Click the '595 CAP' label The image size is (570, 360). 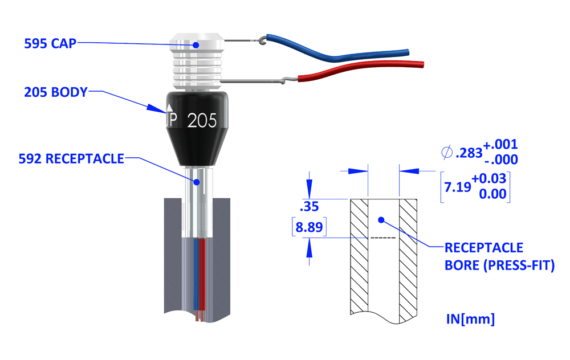click(x=50, y=43)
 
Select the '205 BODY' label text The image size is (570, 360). click(x=56, y=92)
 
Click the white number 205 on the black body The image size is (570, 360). click(x=202, y=121)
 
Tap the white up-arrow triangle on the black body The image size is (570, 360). click(x=169, y=107)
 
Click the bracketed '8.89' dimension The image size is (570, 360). click(x=308, y=228)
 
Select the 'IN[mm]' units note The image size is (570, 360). click(x=470, y=319)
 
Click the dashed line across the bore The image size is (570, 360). click(x=382, y=237)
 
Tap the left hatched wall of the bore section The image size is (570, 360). click(x=359, y=256)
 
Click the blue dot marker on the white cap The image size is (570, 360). click(x=195, y=44)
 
